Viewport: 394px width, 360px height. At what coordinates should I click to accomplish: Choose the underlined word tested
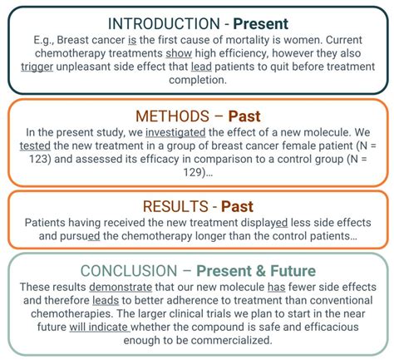pyautogui.click(x=37, y=147)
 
